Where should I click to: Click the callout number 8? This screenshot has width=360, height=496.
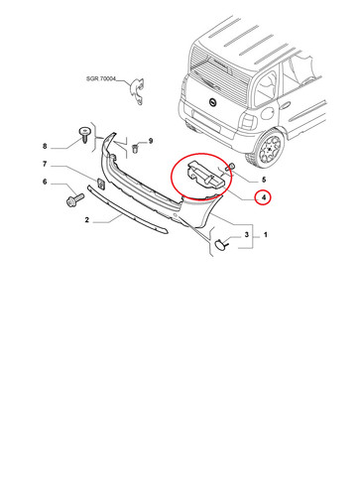pos(45,146)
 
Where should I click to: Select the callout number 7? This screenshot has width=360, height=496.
pos(45,164)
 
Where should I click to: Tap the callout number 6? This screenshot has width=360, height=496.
pos(45,182)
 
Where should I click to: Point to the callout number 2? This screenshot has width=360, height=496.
pos(87,220)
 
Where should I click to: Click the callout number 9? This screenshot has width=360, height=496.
pos(151,141)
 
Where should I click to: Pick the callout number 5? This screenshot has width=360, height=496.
pos(264,181)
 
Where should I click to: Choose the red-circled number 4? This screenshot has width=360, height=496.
pos(264,197)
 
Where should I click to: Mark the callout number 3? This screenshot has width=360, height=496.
pos(247,235)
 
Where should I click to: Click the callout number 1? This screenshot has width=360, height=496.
pos(265,235)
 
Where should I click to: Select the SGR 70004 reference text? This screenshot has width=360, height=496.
pos(101,79)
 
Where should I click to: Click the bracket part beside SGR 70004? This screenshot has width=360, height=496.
pos(137,91)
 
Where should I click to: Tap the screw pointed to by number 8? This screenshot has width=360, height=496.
pos(84,134)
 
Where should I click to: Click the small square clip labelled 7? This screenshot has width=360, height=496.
pos(101,184)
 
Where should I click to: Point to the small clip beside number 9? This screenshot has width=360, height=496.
pos(135,148)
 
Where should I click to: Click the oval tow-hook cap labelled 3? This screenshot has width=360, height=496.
pos(220,244)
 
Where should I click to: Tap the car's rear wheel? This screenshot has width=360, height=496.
pos(269,148)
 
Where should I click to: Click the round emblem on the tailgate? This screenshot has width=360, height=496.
pos(212,103)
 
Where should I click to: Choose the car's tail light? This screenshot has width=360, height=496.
pos(248,121)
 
